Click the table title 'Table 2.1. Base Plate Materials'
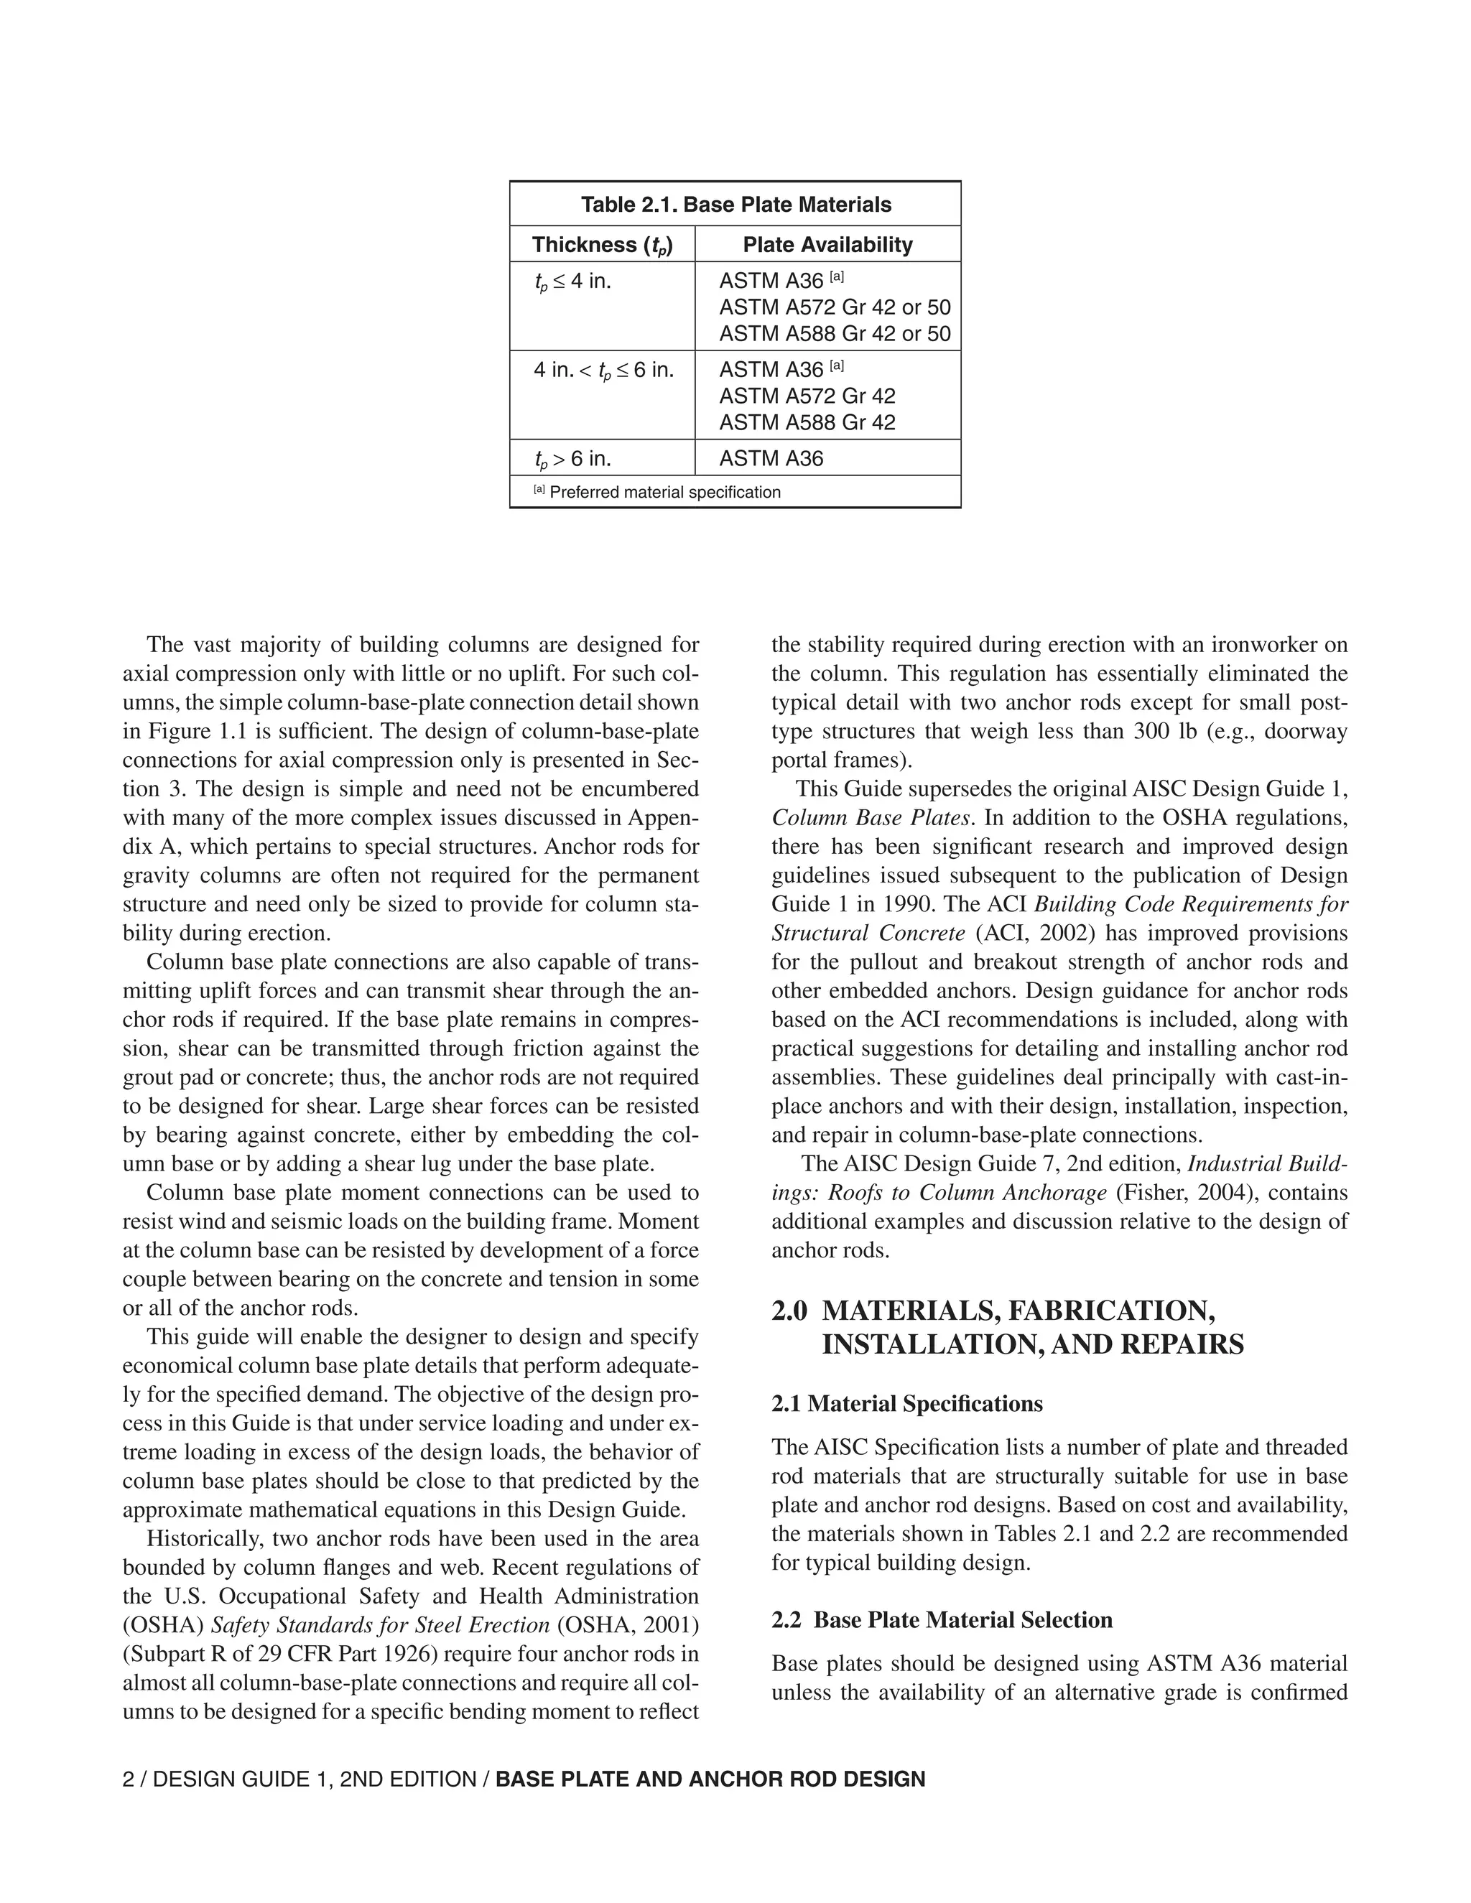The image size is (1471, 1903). (x=735, y=205)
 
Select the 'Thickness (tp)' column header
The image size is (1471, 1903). (x=602, y=245)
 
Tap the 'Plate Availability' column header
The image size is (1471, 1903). (x=827, y=245)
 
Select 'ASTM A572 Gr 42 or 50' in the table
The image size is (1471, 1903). (x=834, y=307)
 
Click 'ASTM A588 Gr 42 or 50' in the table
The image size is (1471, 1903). (x=834, y=334)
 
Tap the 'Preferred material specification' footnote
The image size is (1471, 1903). (x=665, y=493)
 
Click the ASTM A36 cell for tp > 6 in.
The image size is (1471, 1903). (x=771, y=458)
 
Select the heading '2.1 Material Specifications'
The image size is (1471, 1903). (x=906, y=1404)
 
